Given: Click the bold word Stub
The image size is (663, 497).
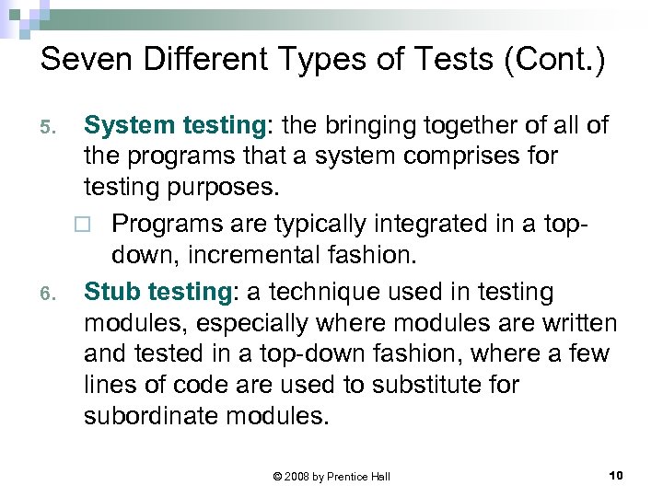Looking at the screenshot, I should [112, 293].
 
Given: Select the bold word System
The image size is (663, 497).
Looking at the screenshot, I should [129, 125].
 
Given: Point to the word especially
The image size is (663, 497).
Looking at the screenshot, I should [254, 324].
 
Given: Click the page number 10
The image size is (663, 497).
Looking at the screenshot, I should [616, 476].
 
